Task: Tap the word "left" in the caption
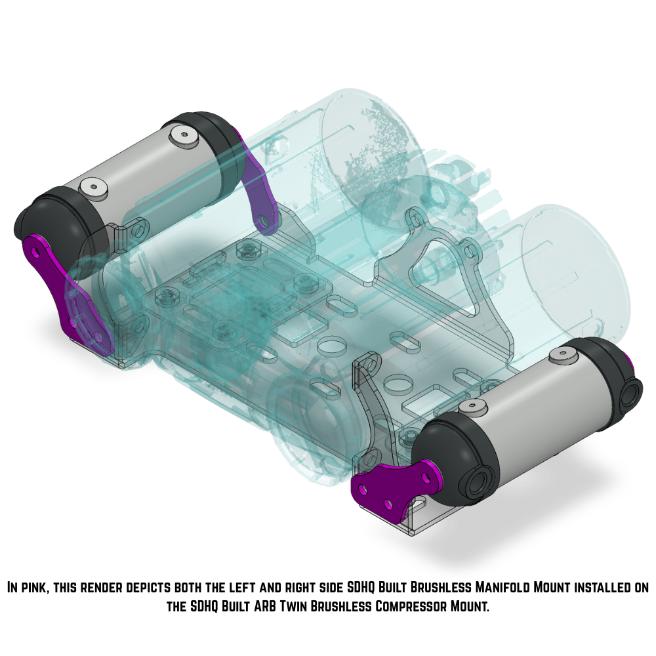[x=266, y=587]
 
